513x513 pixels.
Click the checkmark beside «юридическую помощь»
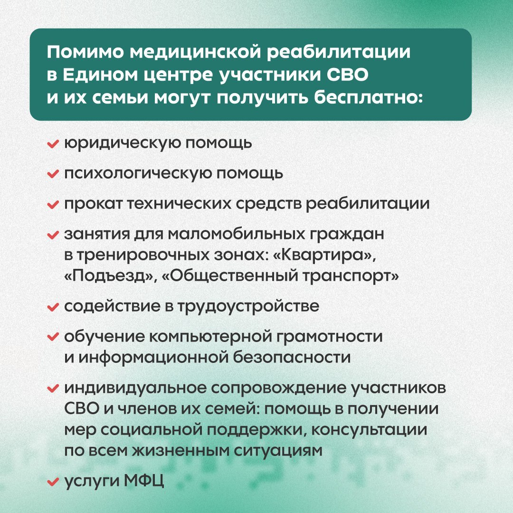coord(53,143)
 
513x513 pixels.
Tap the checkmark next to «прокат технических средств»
coord(53,204)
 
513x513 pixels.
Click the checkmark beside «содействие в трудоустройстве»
coord(53,307)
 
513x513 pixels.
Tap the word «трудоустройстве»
coord(248,306)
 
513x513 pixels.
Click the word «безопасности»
coord(292,357)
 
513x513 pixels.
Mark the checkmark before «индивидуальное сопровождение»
coord(53,389)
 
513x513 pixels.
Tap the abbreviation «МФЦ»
coord(144,481)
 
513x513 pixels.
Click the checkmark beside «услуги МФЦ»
coord(53,482)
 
